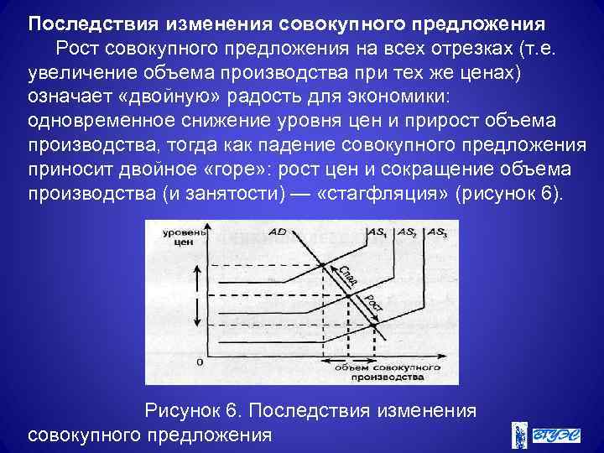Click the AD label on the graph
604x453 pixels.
pos(279,231)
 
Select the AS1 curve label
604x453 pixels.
pos(376,231)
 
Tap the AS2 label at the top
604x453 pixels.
pos(407,231)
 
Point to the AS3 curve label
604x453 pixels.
pos(436,231)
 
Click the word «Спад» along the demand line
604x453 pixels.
pos(346,275)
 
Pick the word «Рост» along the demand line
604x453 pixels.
pos(372,302)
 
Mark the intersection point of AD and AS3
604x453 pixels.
pos(373,321)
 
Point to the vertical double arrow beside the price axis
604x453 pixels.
pos(198,297)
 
